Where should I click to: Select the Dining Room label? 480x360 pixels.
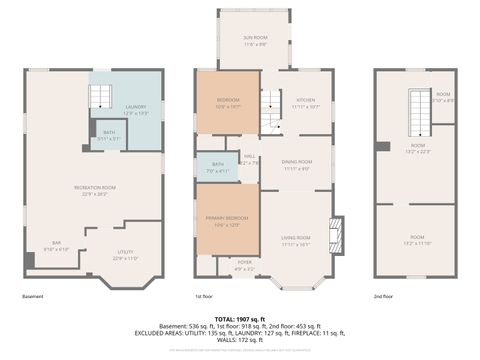[296, 166]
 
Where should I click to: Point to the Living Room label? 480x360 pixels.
[296, 239]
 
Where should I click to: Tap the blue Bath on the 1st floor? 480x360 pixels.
[217, 167]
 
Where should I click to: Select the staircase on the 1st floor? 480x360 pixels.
[271, 110]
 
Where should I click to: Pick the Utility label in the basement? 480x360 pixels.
[125, 255]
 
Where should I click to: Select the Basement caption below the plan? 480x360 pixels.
[32, 296]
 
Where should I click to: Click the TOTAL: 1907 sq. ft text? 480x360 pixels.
[239, 318]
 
